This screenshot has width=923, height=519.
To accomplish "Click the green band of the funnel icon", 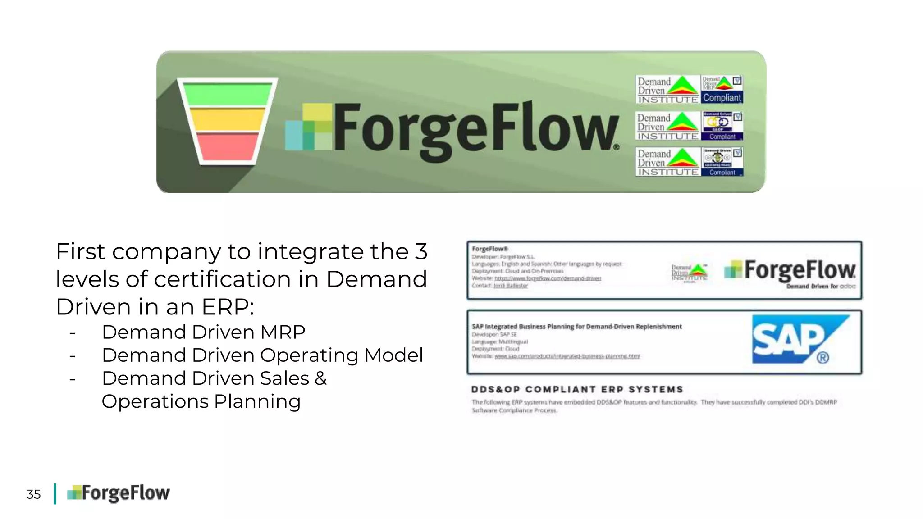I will tap(228, 95).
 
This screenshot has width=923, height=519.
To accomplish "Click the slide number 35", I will tap(33, 494).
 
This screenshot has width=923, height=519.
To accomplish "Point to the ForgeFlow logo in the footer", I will tap(119, 493).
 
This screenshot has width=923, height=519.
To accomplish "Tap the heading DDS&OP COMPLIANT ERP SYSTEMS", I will tap(577, 389).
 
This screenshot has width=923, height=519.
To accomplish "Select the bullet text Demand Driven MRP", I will tap(203, 332).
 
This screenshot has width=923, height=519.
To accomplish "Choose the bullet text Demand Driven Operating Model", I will tap(262, 355).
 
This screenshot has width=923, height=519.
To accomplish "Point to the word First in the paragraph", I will tap(80, 251).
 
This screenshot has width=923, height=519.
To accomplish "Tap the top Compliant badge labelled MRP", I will tap(722, 90).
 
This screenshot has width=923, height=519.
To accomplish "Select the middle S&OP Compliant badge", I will tap(722, 126).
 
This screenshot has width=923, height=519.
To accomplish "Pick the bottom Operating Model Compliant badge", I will tap(722, 162).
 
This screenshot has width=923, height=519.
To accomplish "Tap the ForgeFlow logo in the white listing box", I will tap(790, 271).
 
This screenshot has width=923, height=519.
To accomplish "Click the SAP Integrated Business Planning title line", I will tap(576, 327).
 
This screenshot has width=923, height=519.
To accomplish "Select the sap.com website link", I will tap(567, 356).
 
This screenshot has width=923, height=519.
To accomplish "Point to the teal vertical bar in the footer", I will tap(55, 494).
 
